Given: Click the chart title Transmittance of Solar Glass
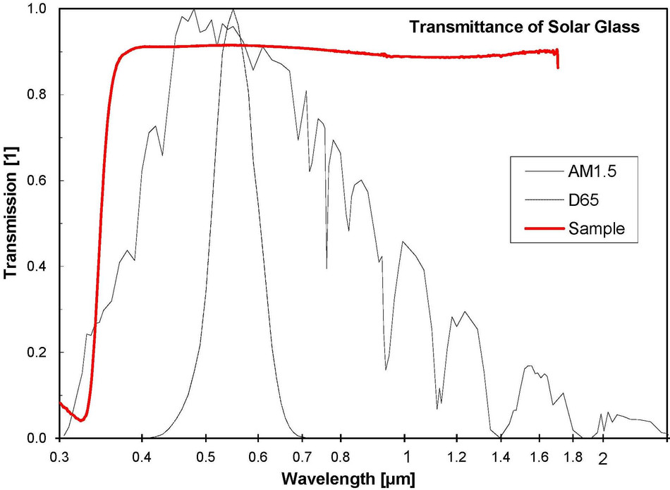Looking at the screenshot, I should click(x=525, y=28).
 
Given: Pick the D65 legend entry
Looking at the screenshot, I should click(x=576, y=201).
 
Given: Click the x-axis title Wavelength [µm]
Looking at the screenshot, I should click(x=348, y=479).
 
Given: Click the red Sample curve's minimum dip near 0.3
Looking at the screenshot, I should click(x=82, y=420).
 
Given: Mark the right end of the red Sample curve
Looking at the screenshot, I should click(x=558, y=67).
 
